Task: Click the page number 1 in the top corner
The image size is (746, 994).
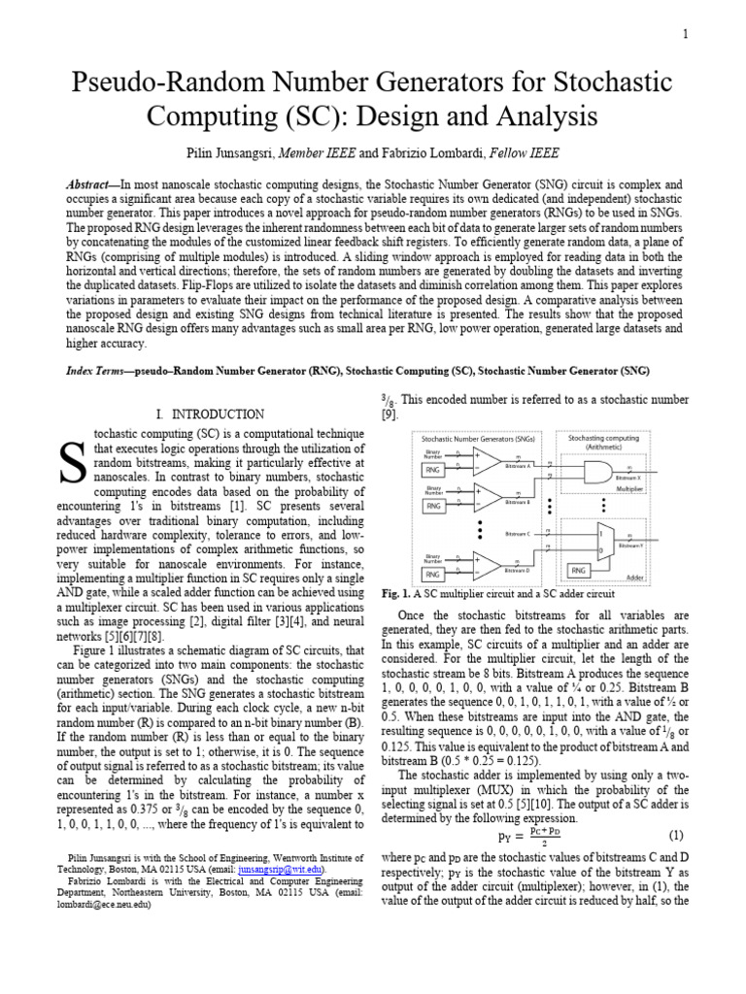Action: pyautogui.click(x=686, y=35)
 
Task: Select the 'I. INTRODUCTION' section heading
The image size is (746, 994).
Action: pyautogui.click(x=210, y=414)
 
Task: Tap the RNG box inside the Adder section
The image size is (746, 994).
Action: pyautogui.click(x=579, y=571)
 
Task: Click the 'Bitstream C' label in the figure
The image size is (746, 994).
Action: pyautogui.click(x=518, y=534)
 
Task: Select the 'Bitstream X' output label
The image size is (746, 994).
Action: pyautogui.click(x=628, y=479)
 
